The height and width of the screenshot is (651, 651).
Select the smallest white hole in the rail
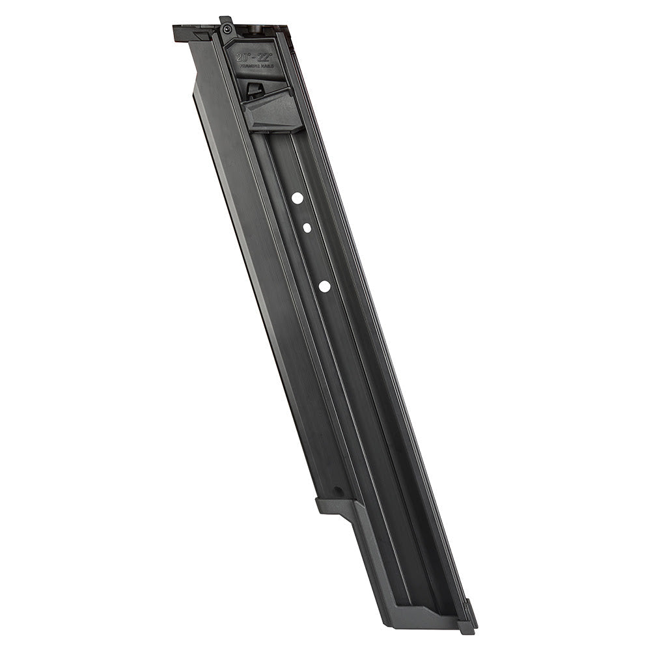(306, 227)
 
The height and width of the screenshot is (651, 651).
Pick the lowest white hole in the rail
(324, 285)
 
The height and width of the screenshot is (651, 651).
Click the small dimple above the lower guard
(337, 492)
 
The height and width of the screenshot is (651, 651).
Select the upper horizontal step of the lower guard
(336, 504)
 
